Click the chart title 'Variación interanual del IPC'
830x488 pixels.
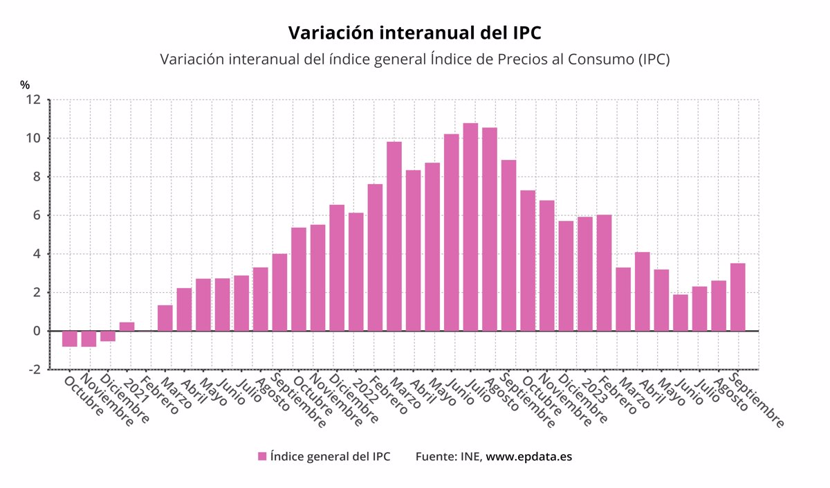(x=414, y=33)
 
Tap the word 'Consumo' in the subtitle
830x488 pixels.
(x=600, y=60)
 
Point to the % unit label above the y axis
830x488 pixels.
(x=25, y=84)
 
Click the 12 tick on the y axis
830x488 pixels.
(x=34, y=100)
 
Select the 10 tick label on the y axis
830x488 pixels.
(x=34, y=138)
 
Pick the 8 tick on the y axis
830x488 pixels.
(x=37, y=177)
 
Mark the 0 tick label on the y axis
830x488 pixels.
(x=37, y=332)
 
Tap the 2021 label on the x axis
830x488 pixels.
(x=131, y=390)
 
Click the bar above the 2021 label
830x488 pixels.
(x=127, y=327)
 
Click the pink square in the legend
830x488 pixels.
(x=262, y=456)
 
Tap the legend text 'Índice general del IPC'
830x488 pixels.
(x=331, y=456)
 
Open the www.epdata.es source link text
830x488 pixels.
(x=529, y=456)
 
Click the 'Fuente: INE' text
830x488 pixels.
(x=448, y=456)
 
